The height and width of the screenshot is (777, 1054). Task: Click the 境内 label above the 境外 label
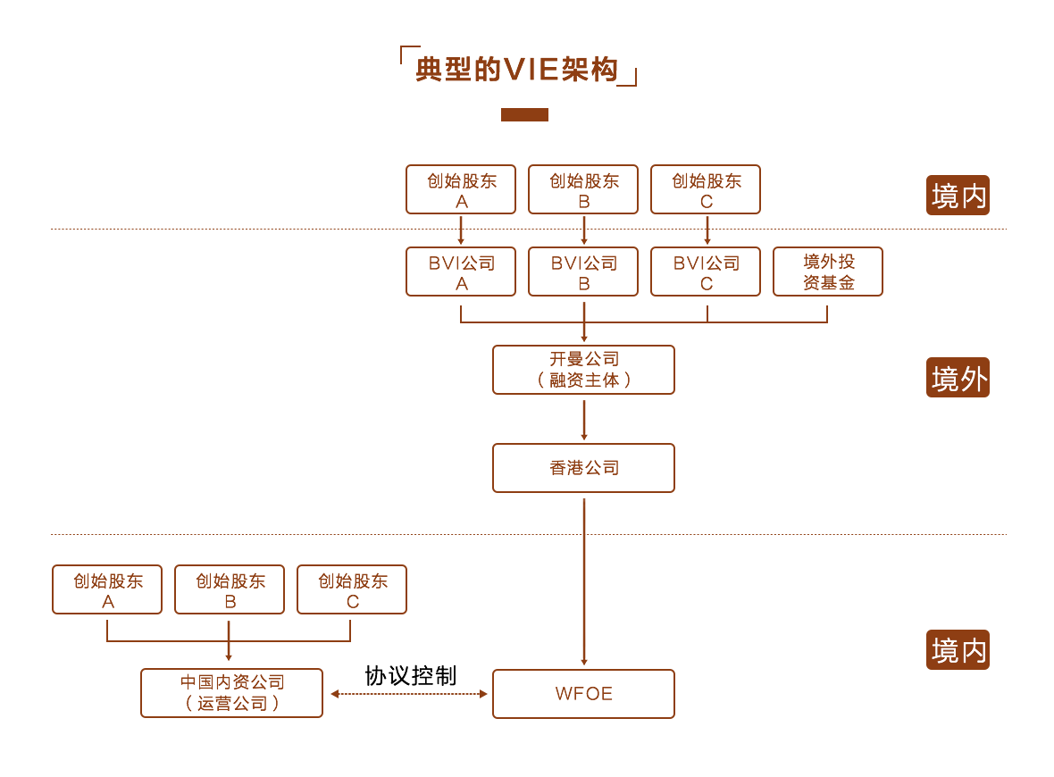(958, 196)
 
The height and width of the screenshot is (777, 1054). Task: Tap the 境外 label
(958, 378)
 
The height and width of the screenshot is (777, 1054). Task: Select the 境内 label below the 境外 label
(958, 650)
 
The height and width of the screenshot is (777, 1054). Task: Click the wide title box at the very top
(514, 65)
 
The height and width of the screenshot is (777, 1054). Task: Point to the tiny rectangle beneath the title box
(524, 115)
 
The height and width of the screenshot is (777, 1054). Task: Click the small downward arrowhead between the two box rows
(707, 241)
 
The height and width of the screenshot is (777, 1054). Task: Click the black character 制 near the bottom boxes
(448, 676)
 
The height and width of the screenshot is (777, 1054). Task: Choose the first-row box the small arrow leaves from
(706, 189)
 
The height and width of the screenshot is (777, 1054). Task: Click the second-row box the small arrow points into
(706, 271)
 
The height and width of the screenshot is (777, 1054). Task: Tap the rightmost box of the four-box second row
(828, 271)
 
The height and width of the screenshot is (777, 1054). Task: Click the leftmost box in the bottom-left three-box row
(106, 589)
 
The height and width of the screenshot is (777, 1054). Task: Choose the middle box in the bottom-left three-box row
(230, 589)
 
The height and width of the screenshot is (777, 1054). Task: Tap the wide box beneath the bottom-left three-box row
(231, 692)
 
